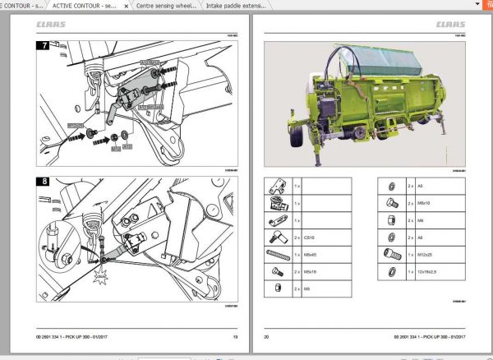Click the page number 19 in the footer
(235, 338)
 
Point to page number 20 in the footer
(266, 338)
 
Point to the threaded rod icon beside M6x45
(275, 254)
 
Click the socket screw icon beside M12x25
(389, 254)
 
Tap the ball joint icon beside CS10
(275, 237)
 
